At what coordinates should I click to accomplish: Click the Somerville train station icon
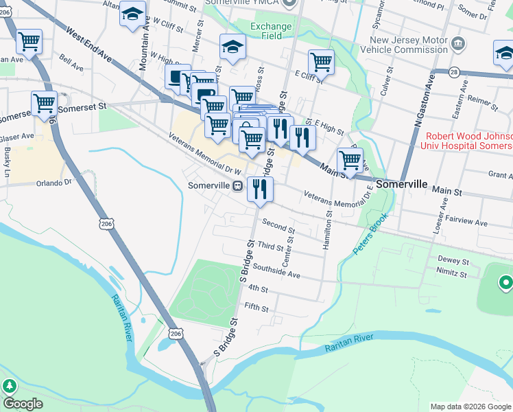click(237, 185)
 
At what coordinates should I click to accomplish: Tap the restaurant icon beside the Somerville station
click(260, 190)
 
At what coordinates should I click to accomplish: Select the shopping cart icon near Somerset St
click(44, 104)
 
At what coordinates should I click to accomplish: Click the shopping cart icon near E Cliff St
click(321, 62)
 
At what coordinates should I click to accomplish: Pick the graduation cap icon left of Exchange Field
click(232, 47)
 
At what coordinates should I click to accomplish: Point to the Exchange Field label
click(271, 32)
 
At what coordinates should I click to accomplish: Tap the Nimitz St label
click(452, 274)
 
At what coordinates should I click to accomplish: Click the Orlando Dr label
click(54, 183)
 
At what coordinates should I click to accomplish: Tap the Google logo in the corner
click(23, 404)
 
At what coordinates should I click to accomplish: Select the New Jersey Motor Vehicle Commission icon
click(457, 43)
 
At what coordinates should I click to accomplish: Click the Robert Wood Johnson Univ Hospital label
click(469, 141)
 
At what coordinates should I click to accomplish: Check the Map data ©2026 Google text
click(470, 407)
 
